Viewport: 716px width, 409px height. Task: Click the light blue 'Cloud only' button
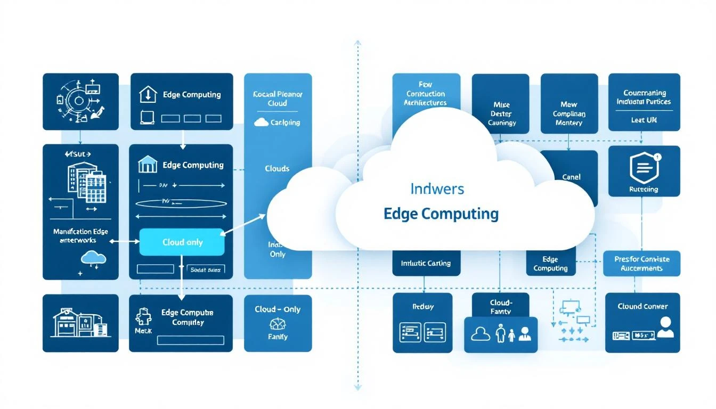tap(182, 242)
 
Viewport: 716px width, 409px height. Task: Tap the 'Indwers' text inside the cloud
tap(437, 189)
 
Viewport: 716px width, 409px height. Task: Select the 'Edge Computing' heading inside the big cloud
tap(441, 214)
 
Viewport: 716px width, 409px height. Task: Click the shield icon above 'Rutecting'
tap(644, 168)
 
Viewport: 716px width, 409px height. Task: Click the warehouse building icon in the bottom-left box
tap(80, 323)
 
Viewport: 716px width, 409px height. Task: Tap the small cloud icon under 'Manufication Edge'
tap(93, 258)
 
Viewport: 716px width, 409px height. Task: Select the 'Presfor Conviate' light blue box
tap(641, 264)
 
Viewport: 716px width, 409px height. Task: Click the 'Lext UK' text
tap(644, 120)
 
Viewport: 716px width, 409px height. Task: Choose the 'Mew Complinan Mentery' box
tap(568, 104)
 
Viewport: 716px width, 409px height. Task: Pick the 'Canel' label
tap(571, 177)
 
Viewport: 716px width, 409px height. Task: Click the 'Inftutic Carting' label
tap(425, 263)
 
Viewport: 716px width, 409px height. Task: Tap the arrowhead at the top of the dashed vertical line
tap(357, 43)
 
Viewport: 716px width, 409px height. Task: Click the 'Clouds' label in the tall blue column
tap(277, 168)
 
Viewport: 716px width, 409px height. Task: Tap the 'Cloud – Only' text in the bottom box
tap(277, 309)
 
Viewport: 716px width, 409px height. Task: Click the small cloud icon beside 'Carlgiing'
tap(261, 122)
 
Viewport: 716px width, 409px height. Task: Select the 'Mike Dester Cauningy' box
tap(501, 104)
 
